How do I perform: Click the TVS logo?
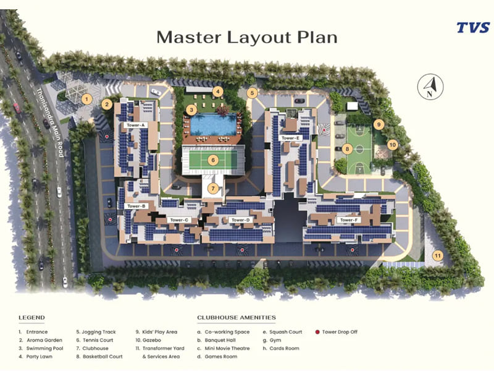point(473,27)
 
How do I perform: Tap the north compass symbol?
point(430,86)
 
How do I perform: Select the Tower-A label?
point(135,125)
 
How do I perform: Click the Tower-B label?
point(135,206)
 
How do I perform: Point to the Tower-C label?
point(179,220)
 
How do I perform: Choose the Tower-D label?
point(240,220)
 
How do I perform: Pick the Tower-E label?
point(290,138)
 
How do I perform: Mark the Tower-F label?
point(349,220)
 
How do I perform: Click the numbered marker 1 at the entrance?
point(87,98)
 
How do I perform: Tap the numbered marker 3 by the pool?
point(192,110)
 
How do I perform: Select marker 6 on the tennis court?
point(213,160)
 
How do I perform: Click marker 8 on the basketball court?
point(348,148)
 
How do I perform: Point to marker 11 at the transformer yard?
point(438,255)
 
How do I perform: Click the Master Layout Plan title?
point(247,36)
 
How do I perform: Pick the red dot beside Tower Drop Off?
point(317,332)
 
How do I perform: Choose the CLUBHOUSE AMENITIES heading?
point(237,318)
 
